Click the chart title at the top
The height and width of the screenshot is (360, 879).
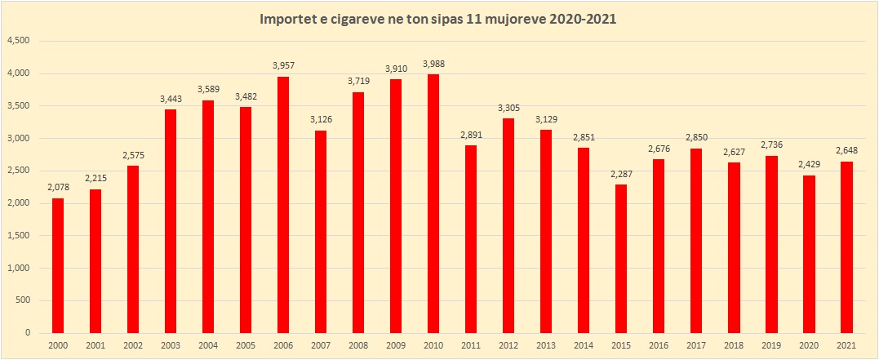click(437, 18)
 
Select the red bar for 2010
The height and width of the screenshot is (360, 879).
click(433, 203)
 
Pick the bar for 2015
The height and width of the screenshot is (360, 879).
click(620, 259)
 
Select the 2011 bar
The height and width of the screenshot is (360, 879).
click(470, 239)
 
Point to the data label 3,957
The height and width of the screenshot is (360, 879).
click(282, 66)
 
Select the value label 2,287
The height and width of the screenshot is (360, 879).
click(620, 175)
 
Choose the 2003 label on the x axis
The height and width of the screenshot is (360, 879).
click(170, 345)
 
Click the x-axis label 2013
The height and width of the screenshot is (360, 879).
click(545, 345)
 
